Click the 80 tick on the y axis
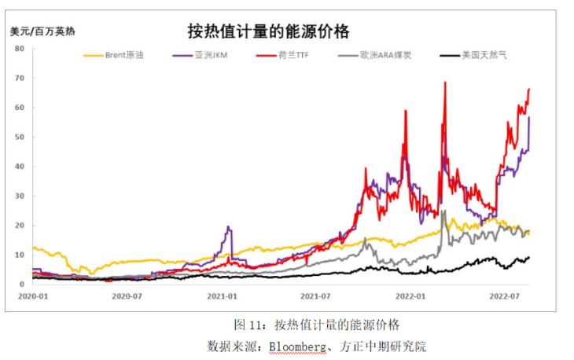coord(20,49)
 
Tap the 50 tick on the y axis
coord(20,137)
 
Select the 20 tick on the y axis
coord(20,226)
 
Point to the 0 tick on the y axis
coord(22,285)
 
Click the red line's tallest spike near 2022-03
coord(445,83)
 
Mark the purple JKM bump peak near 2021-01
coord(229,228)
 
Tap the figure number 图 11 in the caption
coord(247,325)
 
